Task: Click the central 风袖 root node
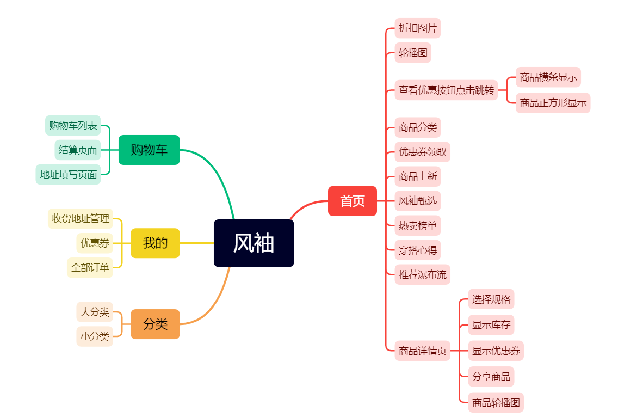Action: coord(254,243)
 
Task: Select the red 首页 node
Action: coord(352,201)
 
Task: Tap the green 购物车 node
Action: coord(149,150)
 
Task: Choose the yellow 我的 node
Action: coord(155,243)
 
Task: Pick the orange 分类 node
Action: coord(155,324)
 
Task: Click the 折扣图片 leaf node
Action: coord(417,28)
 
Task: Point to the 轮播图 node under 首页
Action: coord(413,53)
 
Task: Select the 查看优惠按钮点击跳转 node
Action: coord(446,90)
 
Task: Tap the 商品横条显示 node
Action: coord(548,77)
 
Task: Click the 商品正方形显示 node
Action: coord(553,103)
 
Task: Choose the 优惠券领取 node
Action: coord(422,152)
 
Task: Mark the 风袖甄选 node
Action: coord(417,201)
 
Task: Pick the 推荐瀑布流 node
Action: coord(422,274)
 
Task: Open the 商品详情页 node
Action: coord(422,351)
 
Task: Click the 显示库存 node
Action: coord(491,325)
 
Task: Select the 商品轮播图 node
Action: coord(496,403)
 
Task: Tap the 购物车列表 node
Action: coord(73,126)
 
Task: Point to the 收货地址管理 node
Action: coord(81,218)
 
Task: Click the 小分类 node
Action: coord(95,336)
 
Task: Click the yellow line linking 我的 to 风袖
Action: coord(196,243)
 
